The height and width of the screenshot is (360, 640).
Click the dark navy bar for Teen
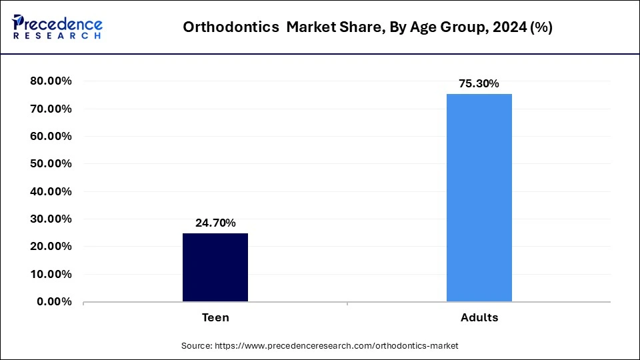pyautogui.click(x=215, y=267)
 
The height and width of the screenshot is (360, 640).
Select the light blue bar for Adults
pyautogui.click(x=479, y=197)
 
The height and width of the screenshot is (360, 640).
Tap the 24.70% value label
pyautogui.click(x=215, y=223)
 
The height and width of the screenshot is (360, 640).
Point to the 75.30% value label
pyautogui.click(x=479, y=84)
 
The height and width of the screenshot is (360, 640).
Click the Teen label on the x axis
pyautogui.click(x=215, y=318)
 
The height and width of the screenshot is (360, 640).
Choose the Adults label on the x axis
pyautogui.click(x=479, y=318)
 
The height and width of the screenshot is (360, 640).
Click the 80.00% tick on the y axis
pyautogui.click(x=51, y=81)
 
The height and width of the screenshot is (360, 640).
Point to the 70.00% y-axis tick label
pyautogui.click(x=51, y=109)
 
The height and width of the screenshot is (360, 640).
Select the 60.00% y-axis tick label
pyautogui.click(x=51, y=137)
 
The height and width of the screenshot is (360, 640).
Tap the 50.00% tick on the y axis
pyautogui.click(x=51, y=164)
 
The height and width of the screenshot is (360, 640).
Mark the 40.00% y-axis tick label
pyautogui.click(x=51, y=191)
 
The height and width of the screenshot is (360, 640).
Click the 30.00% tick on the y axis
pyautogui.click(x=51, y=219)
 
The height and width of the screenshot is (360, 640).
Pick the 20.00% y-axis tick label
pyautogui.click(x=51, y=247)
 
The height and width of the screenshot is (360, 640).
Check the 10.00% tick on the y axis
pyautogui.click(x=51, y=274)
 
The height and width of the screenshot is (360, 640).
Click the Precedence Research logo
pyautogui.click(x=57, y=27)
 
